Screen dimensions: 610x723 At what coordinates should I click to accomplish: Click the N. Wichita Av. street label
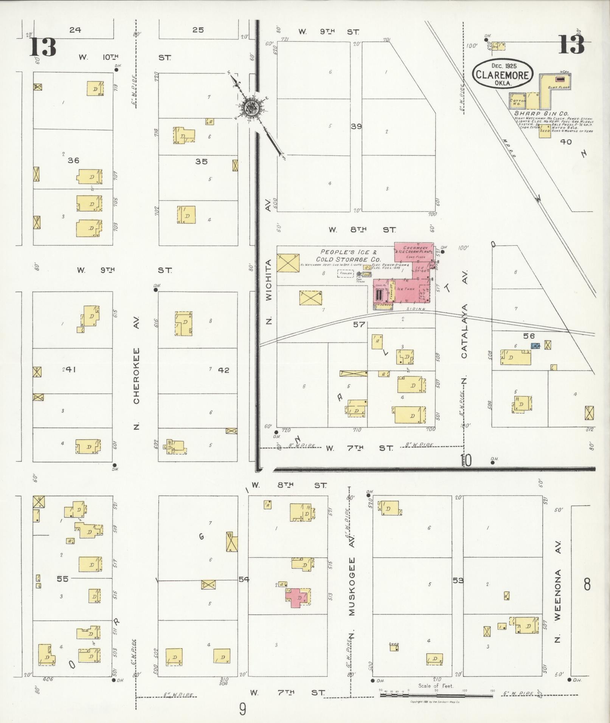269,291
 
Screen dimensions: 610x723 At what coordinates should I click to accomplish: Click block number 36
73,161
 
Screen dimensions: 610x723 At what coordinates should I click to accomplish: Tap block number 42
224,370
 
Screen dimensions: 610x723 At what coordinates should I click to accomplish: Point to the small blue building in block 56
535,345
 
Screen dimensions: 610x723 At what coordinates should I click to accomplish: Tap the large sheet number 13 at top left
43,47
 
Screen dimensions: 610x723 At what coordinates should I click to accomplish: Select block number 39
356,127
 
